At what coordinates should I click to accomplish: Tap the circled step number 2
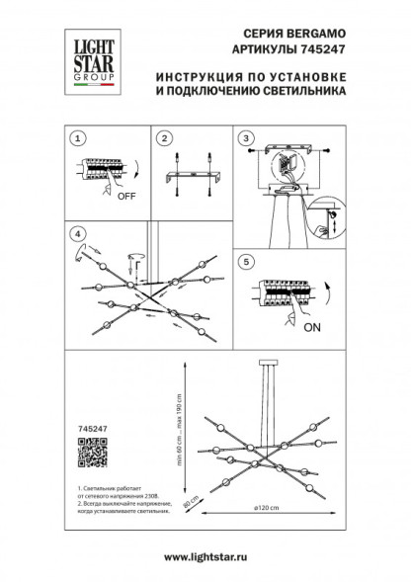pos(164,138)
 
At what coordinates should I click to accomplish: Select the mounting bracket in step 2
pos(194,175)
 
